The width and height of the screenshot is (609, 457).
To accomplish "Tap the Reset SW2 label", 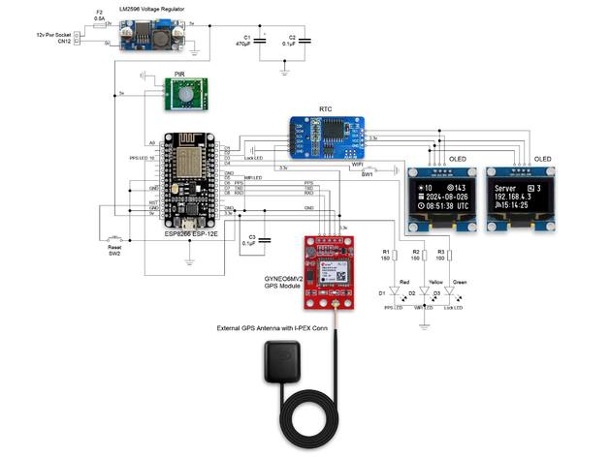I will tap(113, 250).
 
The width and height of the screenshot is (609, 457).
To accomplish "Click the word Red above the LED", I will tap(403, 281).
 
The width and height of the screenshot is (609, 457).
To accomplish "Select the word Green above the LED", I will tap(459, 281).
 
